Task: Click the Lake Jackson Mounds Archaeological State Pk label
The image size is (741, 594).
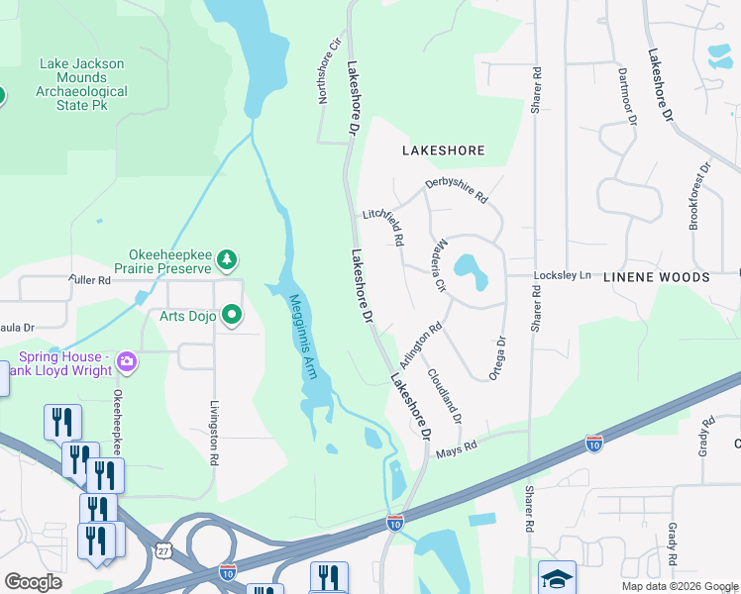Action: (x=83, y=84)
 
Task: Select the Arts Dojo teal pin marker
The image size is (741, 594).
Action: (x=233, y=316)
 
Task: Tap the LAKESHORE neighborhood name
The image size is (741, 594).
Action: (x=443, y=150)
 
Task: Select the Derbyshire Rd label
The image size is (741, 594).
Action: (x=457, y=190)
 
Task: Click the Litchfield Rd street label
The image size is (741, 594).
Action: (x=383, y=226)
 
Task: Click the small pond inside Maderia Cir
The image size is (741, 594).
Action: (x=469, y=268)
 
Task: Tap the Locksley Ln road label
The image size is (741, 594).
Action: (x=562, y=274)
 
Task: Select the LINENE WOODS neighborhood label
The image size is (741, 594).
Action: (x=656, y=278)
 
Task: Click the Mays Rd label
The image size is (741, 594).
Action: (x=457, y=446)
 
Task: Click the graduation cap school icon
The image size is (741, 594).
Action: (x=557, y=577)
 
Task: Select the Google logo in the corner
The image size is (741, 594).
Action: (x=33, y=581)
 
